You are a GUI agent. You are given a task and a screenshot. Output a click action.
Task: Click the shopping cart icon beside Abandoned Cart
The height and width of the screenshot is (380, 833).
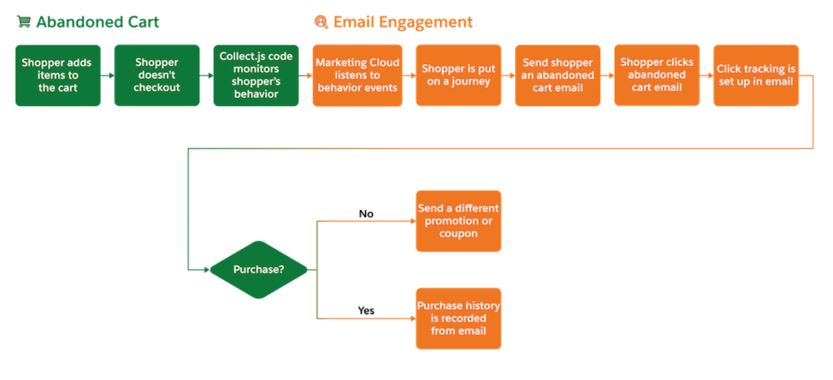[x=24, y=22]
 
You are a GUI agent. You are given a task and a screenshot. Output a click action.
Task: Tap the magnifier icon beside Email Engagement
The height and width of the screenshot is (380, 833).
[x=321, y=22]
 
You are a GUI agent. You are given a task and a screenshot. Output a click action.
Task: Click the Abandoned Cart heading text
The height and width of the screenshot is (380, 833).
[x=97, y=22]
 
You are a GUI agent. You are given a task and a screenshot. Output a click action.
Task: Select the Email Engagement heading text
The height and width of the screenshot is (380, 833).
[x=403, y=22]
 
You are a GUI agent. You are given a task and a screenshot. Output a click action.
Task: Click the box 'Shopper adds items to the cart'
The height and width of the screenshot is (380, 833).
[x=58, y=76]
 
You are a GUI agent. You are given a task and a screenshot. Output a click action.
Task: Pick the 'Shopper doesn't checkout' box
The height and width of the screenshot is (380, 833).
[x=157, y=76]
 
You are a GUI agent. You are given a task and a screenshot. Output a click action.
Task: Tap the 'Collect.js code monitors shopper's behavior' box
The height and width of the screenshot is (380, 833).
[x=256, y=76]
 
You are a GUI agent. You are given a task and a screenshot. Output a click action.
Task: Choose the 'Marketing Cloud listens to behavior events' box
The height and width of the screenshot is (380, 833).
[x=357, y=76]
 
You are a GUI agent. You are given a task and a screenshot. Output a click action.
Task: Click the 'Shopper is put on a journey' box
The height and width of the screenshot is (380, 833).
[x=458, y=76]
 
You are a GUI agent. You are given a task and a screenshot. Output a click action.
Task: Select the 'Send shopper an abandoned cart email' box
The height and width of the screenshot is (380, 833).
[x=557, y=76]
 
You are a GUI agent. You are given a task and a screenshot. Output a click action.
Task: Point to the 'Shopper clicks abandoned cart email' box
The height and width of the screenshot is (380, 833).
[x=657, y=76]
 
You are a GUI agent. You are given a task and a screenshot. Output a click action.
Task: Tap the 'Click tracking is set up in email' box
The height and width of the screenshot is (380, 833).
[x=756, y=76]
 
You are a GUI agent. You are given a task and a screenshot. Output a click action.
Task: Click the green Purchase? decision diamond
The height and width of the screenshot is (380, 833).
[x=258, y=269]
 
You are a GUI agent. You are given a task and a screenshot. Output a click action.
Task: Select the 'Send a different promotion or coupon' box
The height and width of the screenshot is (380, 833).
[x=458, y=221]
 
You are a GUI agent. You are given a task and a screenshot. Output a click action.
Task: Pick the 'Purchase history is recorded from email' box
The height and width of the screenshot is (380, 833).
[x=458, y=318]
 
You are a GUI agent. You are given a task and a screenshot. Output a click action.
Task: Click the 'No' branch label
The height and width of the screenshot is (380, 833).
[x=366, y=214]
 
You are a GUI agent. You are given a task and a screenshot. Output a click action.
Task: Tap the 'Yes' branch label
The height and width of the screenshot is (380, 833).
[x=366, y=311]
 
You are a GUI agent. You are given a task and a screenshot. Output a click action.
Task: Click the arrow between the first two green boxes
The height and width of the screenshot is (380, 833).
[x=108, y=76]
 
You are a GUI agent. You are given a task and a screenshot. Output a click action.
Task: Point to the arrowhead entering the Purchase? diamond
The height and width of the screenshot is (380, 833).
[x=205, y=269]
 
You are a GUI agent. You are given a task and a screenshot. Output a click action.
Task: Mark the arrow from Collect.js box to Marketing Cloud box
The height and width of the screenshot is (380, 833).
[x=305, y=76]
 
